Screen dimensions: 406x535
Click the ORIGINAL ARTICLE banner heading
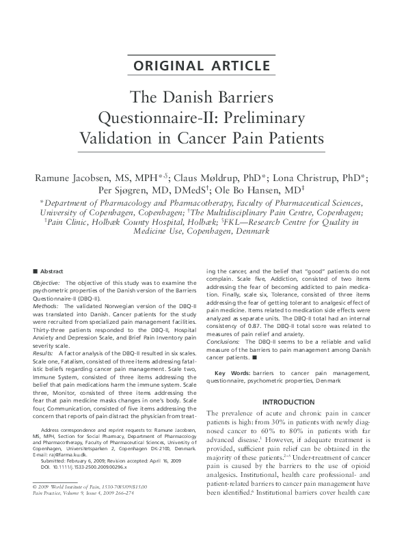(202, 66)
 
